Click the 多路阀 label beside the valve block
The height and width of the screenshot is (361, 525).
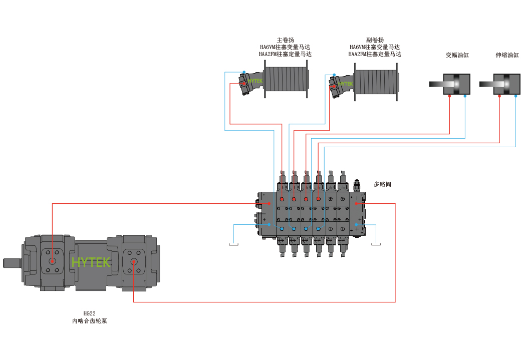tap(382, 184)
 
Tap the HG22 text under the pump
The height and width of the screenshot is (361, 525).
tap(89, 313)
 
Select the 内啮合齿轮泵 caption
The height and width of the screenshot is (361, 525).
tap(89, 321)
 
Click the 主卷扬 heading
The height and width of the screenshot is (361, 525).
tap(285, 40)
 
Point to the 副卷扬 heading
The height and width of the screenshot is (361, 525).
tap(375, 40)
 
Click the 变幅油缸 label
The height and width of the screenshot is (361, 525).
tap(457, 55)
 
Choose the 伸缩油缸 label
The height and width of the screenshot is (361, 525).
tap(507, 55)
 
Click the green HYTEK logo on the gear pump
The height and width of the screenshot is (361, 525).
tap(91, 262)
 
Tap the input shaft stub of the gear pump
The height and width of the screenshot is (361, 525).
tap(13, 263)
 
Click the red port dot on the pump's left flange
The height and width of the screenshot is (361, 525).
tap(52, 261)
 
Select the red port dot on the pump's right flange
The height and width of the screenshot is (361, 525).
tap(134, 262)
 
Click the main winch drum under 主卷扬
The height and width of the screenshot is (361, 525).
tap(286, 79)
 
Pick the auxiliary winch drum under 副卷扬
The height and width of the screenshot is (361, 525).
tap(376, 82)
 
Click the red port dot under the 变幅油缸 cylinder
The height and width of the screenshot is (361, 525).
tap(449, 96)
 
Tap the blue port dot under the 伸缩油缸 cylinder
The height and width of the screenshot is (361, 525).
tap(515, 96)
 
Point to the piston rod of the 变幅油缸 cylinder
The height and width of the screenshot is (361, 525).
tap(437, 84)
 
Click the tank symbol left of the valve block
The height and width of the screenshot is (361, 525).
tap(234, 244)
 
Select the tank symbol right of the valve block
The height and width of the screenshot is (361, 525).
tap(376, 244)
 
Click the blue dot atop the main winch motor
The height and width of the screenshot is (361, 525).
tap(244, 72)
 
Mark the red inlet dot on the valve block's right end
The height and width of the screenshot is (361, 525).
tap(356, 203)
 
